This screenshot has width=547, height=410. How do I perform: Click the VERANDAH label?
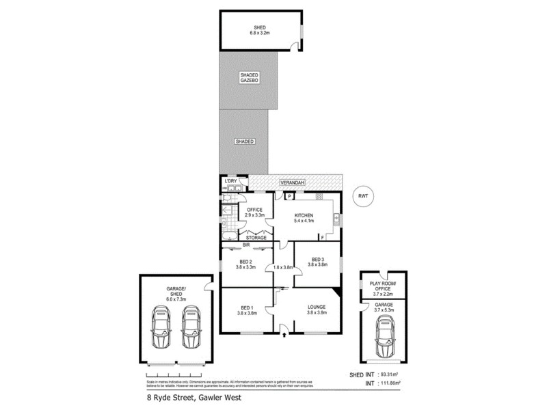pyautogui.click(x=294, y=183)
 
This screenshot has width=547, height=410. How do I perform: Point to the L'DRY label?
pyautogui.click(x=229, y=180)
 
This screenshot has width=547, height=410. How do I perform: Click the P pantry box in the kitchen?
pyautogui.click(x=289, y=196)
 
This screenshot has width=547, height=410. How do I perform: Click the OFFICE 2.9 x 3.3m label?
pyautogui.click(x=254, y=212)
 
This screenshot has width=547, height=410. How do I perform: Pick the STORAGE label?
pyautogui.click(x=256, y=238)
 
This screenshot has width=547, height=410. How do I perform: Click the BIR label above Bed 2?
pyautogui.click(x=246, y=245)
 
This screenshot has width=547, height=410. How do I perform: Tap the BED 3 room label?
pyautogui.click(x=317, y=261)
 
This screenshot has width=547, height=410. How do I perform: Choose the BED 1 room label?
pyautogui.click(x=246, y=310)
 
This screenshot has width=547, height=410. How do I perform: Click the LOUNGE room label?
pyautogui.click(x=317, y=310)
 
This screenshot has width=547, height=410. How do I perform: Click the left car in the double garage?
pyautogui.click(x=163, y=327)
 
